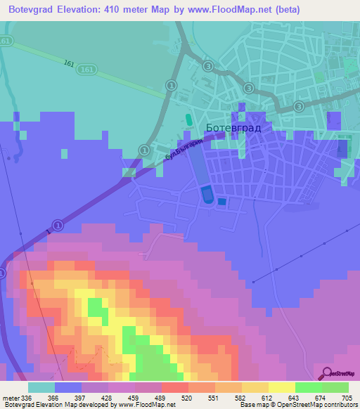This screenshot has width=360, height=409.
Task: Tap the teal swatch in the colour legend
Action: (x=41, y=387)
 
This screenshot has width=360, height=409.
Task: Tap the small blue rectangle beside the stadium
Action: (x=222, y=202)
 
